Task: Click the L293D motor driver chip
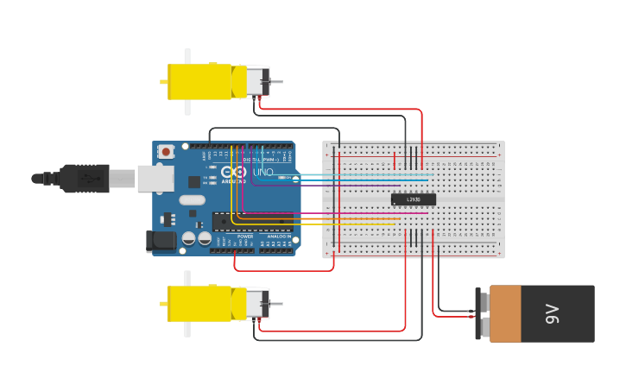click(x=413, y=199)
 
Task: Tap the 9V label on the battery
click(x=552, y=314)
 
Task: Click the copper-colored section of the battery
click(x=505, y=314)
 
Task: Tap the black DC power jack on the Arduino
click(x=161, y=241)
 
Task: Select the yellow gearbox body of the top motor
click(x=199, y=82)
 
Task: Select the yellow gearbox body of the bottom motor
click(x=199, y=304)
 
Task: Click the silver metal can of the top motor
click(x=257, y=82)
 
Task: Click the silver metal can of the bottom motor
click(x=257, y=304)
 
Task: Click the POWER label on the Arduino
click(x=245, y=236)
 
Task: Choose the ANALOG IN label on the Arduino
click(x=278, y=236)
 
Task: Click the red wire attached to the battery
click(x=449, y=316)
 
